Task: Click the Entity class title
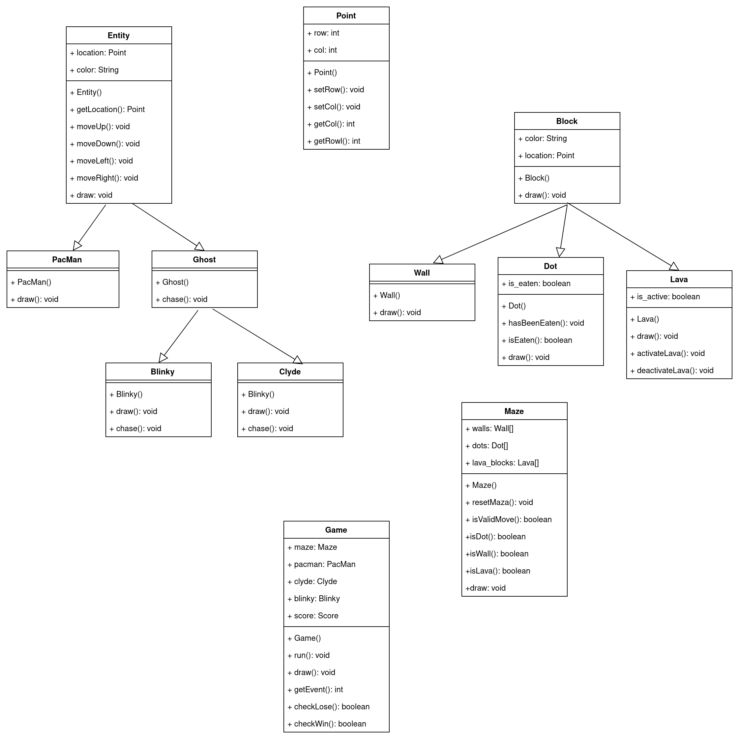tap(119, 35)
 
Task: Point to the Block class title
tap(566, 121)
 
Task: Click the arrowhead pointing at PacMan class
tap(77, 246)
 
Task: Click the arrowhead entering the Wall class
tap(438, 260)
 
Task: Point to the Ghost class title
tap(204, 260)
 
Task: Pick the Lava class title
tap(678, 280)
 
